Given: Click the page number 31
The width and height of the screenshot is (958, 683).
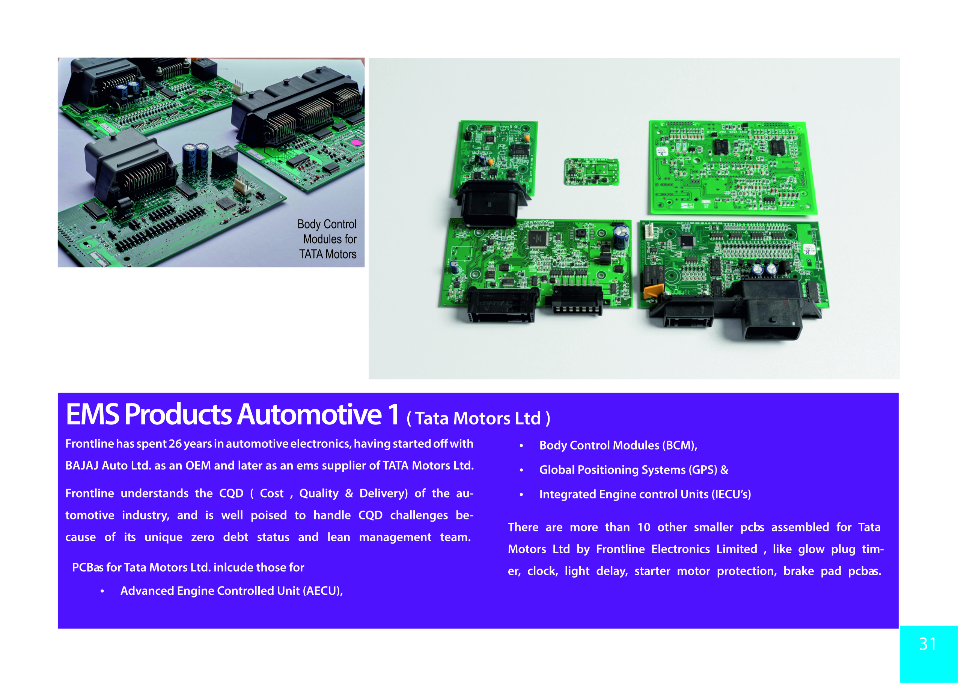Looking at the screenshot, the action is [927, 644].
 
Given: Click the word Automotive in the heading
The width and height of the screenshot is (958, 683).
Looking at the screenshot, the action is [310, 414].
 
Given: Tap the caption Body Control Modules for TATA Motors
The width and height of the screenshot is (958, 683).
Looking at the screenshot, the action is [327, 239].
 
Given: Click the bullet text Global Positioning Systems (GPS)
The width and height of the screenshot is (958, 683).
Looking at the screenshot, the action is [628, 470].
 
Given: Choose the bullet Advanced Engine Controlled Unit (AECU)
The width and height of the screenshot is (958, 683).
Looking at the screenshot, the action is [231, 591].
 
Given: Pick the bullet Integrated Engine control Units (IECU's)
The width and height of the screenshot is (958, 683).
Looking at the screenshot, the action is [645, 494].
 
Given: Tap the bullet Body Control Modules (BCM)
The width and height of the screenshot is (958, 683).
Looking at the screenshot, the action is [618, 445].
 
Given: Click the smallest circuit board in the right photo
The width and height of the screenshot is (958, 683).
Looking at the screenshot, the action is [591, 172].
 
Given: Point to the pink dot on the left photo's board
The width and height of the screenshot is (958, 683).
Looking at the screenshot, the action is [356, 143].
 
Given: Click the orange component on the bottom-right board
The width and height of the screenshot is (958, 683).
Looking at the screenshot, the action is [654, 290].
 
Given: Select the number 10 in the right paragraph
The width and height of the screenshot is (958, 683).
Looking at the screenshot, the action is [644, 527].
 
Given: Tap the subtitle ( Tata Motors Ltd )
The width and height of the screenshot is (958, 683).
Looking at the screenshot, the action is [478, 418].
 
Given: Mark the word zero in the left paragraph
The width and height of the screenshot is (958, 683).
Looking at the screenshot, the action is [202, 537].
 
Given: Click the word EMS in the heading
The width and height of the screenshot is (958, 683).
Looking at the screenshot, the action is [93, 414].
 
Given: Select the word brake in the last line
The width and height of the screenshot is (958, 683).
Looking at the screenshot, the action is [798, 571].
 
